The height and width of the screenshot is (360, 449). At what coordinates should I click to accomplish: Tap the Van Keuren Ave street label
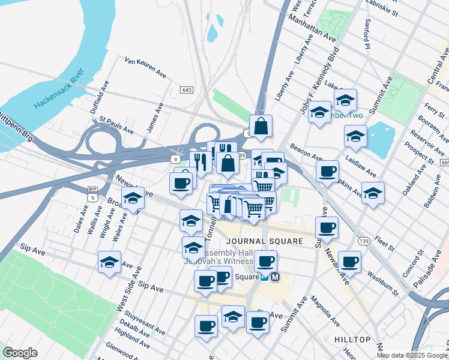pos(145,67)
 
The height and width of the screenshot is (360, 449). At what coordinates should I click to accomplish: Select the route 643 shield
pos(186,89)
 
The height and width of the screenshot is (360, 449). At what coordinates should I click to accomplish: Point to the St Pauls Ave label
pos(116,127)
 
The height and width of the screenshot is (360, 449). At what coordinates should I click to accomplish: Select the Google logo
pos(20,352)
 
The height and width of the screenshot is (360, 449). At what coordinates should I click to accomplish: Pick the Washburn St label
pos(383,284)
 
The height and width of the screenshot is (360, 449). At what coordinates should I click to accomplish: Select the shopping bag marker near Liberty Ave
pos(261,127)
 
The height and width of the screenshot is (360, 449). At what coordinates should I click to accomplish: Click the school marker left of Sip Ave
pos(109,262)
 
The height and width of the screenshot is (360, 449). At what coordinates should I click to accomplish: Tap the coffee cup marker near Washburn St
pos(349,261)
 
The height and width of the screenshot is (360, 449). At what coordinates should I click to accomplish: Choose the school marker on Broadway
pos(133,198)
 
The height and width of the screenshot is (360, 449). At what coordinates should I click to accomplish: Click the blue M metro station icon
pos(276,277)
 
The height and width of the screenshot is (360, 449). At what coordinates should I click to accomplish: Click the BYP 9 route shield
pos(92,194)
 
